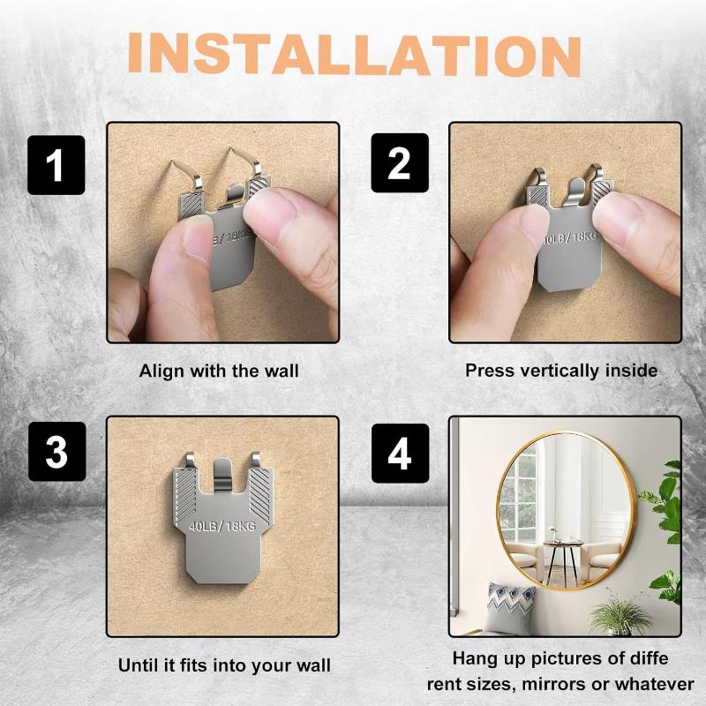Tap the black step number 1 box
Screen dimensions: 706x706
56,165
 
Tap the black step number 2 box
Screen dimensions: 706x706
400,165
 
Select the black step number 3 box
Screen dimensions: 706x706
56,452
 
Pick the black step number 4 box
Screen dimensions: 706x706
400,452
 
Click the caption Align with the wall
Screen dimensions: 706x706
219,371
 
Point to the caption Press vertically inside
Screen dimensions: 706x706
561,371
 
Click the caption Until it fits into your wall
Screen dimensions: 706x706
224,665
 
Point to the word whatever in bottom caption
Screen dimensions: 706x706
654,684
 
